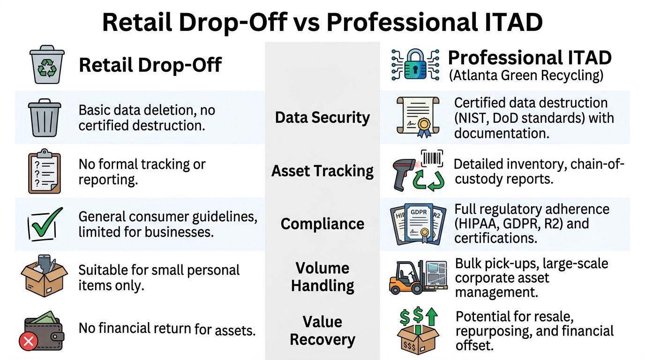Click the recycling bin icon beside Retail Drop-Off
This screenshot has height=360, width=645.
[x=47, y=65]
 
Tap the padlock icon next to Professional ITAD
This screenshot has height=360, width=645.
[x=415, y=65]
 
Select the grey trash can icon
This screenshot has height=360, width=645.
[x=45, y=118]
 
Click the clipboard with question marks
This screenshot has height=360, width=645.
[x=45, y=171]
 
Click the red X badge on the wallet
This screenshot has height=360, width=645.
[x=28, y=342]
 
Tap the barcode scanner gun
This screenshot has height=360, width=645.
[x=403, y=176]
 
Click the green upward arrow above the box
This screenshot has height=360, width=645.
[x=431, y=316]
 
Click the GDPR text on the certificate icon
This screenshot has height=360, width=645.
[x=419, y=212]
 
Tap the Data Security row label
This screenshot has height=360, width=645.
[x=322, y=118]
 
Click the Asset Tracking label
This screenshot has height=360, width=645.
[x=322, y=171]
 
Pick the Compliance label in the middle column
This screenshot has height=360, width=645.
[x=322, y=224]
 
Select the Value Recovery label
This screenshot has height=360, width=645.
[x=322, y=330]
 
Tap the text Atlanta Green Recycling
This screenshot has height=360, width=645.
[x=526, y=75]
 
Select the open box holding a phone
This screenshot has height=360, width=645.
[x=45, y=276]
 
